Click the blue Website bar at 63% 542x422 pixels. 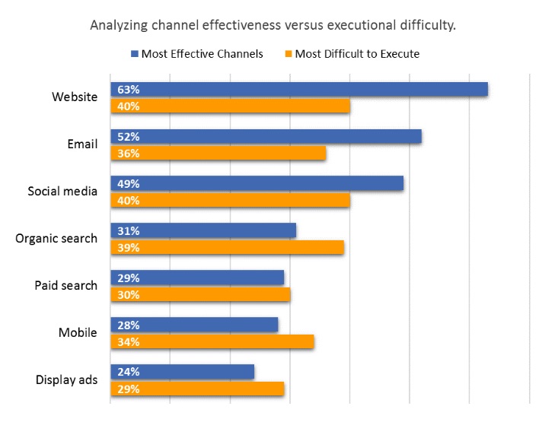tap(299, 90)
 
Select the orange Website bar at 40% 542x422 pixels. tap(230, 106)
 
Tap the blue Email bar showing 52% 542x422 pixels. tap(266, 137)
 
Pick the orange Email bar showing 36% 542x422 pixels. tap(218, 154)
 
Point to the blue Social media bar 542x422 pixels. tap(257, 184)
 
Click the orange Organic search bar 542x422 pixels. tap(227, 248)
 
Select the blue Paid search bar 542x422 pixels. tap(197, 278)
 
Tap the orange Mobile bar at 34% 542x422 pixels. tap(212, 342)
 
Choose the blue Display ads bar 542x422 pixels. tap(182, 373)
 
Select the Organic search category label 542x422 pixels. tap(56, 239)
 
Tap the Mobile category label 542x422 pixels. tap(78, 333)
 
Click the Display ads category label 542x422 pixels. tap(66, 380)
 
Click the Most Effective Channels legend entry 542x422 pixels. tap(202, 54)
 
